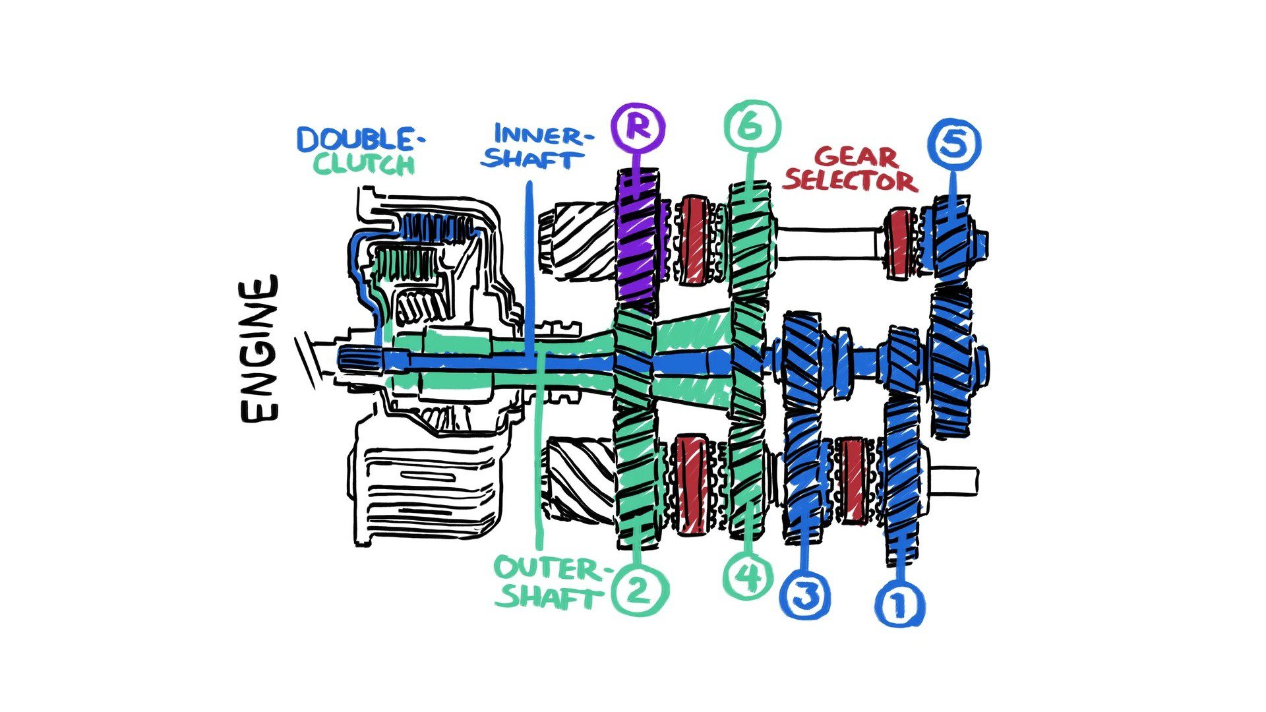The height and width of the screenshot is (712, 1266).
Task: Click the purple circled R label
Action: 638,127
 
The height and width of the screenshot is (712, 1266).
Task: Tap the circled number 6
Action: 752,126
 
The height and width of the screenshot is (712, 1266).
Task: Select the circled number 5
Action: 953,144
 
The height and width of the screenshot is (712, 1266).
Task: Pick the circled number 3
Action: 805,595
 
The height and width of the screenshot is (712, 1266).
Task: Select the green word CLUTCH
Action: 364,163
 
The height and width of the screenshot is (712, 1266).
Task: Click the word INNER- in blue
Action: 539,134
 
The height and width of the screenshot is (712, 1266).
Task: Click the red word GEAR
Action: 857,157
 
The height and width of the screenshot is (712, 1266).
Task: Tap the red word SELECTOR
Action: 850,181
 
